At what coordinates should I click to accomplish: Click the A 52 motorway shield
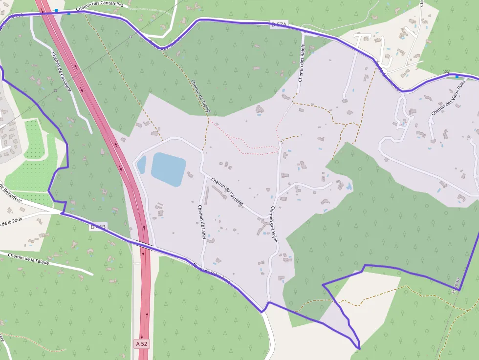click(142, 344)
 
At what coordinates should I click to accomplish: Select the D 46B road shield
click(97, 227)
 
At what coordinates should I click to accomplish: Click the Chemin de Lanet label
click(201, 222)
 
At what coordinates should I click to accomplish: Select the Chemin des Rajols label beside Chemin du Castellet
click(273, 224)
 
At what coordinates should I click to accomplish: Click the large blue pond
click(168, 169)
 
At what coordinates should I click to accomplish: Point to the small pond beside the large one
click(141, 164)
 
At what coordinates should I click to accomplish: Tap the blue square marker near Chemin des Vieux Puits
click(457, 76)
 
